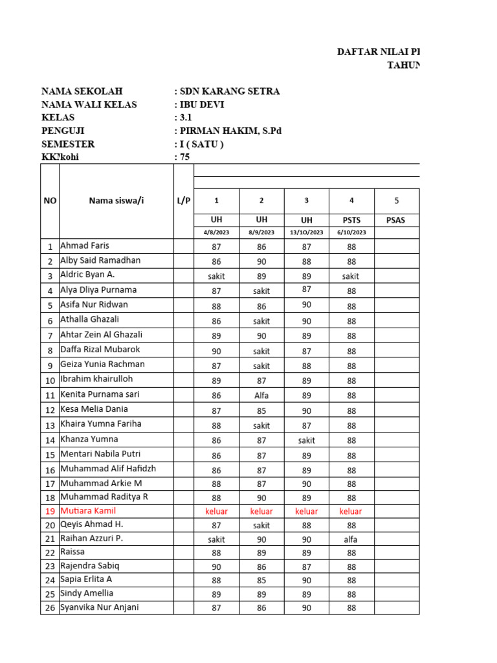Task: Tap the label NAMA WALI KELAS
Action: (x=89, y=105)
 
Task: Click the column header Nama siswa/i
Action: (x=116, y=201)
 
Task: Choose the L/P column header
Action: (x=184, y=201)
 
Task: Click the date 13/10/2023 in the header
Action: (x=306, y=232)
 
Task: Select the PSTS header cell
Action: (x=351, y=220)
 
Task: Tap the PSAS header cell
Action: (x=395, y=220)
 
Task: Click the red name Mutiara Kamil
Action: (x=89, y=511)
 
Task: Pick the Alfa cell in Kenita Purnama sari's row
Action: (x=261, y=396)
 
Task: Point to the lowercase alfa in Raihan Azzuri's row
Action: (x=351, y=539)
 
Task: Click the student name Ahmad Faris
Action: (x=85, y=246)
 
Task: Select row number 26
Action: (x=50, y=609)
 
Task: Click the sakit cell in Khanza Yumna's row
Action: (x=306, y=440)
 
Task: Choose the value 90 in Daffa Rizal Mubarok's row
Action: (x=216, y=351)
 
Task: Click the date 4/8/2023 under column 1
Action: (x=216, y=232)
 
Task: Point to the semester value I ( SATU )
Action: (x=201, y=144)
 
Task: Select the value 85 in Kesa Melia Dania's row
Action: (x=261, y=410)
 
